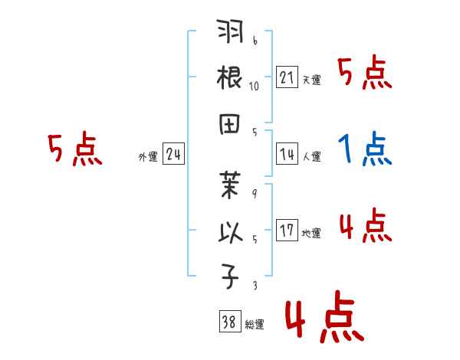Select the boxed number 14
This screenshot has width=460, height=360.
(287, 154)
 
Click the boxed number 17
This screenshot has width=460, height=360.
(287, 231)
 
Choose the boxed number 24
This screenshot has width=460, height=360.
(173, 154)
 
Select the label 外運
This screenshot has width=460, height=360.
(148, 157)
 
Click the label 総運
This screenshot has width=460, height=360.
(254, 325)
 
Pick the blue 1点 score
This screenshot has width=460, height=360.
(365, 149)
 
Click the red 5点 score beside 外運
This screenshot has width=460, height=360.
(74, 149)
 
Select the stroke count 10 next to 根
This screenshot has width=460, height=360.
(254, 87)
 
